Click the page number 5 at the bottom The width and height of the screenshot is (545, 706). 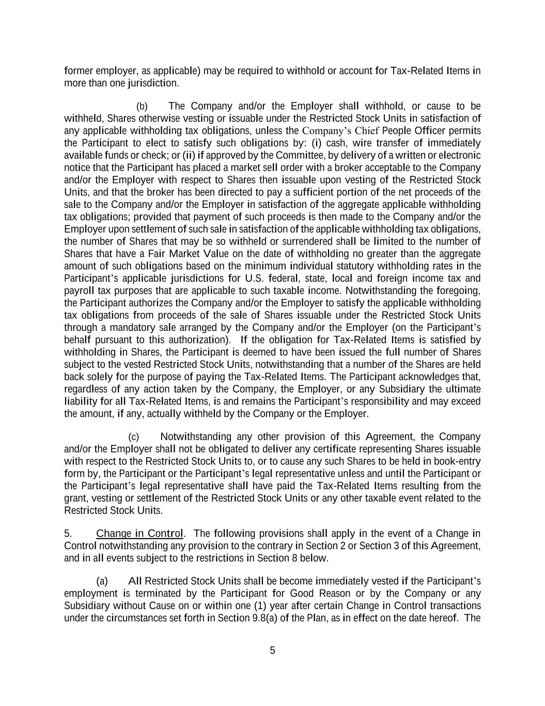(272, 651)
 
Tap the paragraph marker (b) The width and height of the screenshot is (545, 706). (142, 107)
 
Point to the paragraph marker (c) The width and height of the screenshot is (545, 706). (134, 437)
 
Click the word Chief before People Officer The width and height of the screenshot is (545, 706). (367, 130)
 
